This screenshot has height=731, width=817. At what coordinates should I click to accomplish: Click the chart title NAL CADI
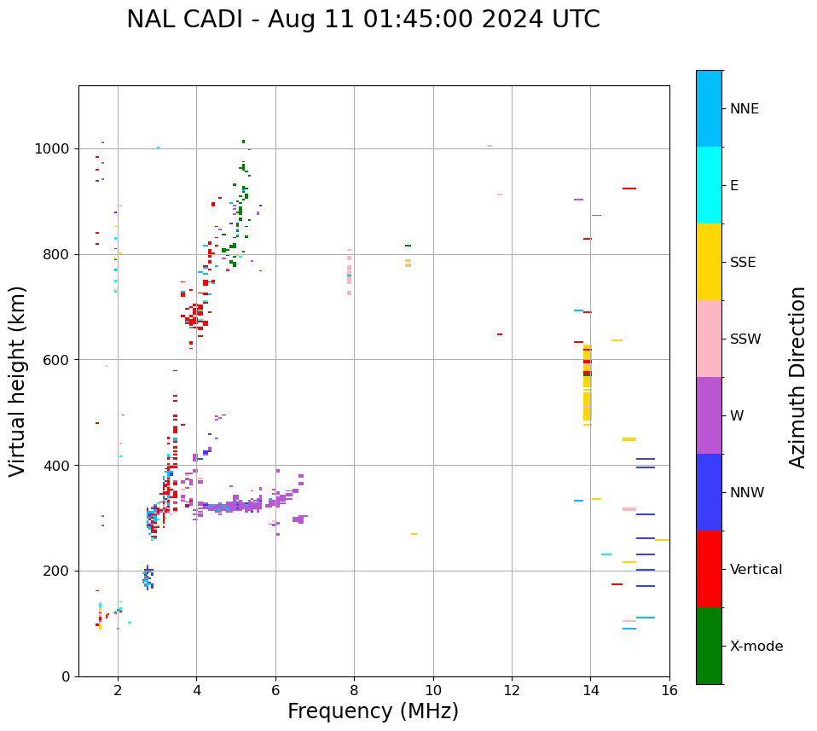pos(362,20)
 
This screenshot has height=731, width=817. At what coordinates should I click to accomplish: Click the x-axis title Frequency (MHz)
pos(373,711)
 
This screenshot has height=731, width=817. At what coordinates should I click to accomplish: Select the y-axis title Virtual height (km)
pos(18,380)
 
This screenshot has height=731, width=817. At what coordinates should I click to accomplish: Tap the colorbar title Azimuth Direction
pos(797,377)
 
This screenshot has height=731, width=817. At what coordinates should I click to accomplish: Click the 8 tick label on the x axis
pos(354,690)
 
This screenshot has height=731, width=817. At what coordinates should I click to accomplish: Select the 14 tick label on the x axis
pos(590,690)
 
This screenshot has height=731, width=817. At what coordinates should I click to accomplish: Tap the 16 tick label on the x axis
pos(669,690)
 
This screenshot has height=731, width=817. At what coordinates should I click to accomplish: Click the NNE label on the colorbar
pos(744,109)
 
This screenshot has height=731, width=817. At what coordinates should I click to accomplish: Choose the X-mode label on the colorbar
pos(756,647)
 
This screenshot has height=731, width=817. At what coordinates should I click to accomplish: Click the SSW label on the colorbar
pos(745,339)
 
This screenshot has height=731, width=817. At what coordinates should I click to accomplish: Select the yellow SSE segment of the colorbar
pos(709,262)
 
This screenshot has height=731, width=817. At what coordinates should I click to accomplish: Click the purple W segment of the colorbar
pos(709,415)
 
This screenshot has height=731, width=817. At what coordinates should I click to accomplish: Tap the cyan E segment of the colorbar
pos(709,185)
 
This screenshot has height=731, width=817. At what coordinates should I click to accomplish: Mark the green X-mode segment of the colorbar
pos(709,646)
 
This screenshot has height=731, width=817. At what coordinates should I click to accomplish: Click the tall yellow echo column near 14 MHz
pos(587,384)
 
